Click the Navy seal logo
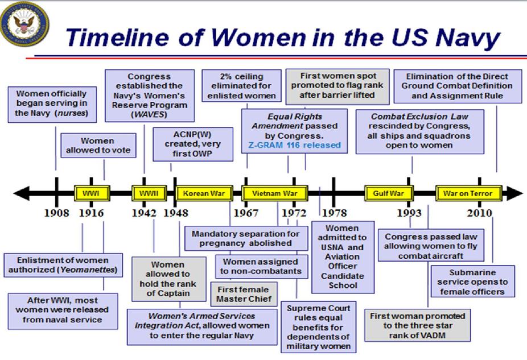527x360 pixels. (x=24, y=23)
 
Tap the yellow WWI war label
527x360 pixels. (x=92, y=193)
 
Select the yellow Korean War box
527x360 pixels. (x=204, y=193)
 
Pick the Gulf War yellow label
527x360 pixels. (x=389, y=193)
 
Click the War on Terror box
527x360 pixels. (x=468, y=193)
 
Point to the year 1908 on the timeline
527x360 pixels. (x=56, y=213)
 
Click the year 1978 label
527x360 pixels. (x=334, y=213)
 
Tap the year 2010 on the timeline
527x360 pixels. (x=479, y=213)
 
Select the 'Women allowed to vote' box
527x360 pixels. (x=98, y=146)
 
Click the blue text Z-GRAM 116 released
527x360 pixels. (x=294, y=145)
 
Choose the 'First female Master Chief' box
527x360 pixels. (x=244, y=294)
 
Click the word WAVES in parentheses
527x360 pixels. (x=149, y=114)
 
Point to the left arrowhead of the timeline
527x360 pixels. (x=21, y=193)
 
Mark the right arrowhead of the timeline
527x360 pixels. (x=515, y=193)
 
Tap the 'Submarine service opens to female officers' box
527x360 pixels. (x=472, y=282)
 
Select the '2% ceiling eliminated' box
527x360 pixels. (x=241, y=86)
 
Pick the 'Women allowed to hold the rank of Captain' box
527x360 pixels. (x=168, y=279)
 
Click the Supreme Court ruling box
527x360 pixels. (x=318, y=327)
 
